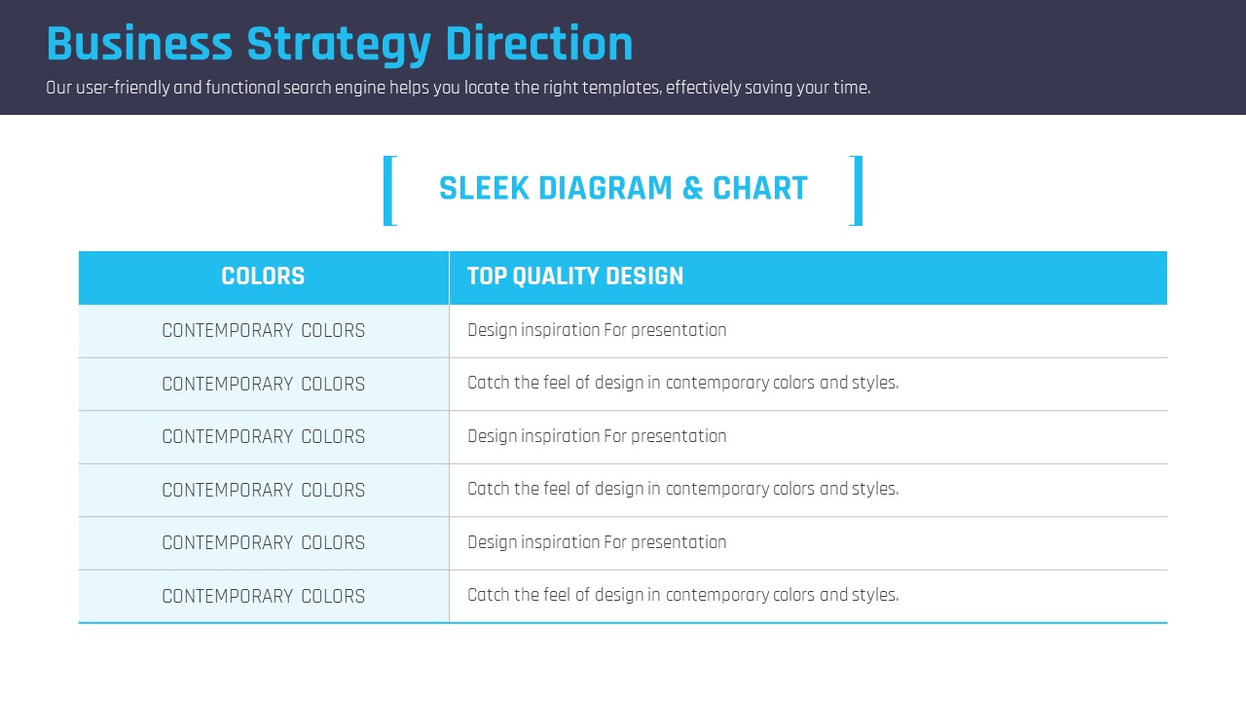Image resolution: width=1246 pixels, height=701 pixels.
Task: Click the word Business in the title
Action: pos(139,44)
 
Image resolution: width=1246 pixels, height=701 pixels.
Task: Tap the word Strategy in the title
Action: pos(339,46)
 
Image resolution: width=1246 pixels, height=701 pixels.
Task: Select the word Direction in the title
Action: pos(539,44)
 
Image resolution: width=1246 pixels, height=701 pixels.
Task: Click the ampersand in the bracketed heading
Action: pos(692,188)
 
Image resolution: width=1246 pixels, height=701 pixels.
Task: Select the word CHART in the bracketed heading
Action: pos(760,188)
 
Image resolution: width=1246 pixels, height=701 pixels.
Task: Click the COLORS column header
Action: pos(263,276)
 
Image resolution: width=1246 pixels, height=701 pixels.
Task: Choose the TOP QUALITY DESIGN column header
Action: pos(575,276)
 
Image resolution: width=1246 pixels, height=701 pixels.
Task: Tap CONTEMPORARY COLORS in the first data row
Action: pos(264,330)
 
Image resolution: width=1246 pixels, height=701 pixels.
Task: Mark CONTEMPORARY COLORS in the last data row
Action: pos(264,596)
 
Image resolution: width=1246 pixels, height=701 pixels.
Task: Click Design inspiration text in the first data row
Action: pos(597,330)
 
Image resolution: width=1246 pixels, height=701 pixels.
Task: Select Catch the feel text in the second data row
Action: pos(683,384)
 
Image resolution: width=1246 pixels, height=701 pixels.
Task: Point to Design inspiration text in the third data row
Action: pos(597,437)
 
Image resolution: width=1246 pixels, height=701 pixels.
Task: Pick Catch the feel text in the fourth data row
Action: pos(683,490)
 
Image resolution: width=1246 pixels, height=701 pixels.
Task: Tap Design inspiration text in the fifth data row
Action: pos(597,542)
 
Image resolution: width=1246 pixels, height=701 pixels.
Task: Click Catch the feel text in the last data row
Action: pos(683,595)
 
